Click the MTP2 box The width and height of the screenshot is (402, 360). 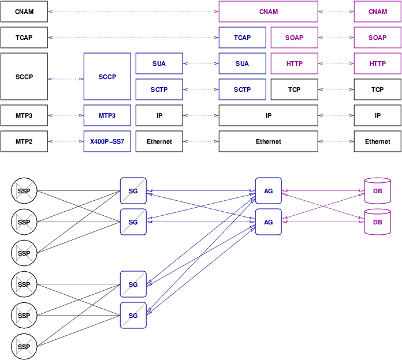tap(24, 141)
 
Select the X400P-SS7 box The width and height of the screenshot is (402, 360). tap(107, 141)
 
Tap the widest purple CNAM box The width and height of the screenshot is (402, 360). tap(268, 12)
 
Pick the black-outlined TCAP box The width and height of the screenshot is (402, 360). tap(24, 37)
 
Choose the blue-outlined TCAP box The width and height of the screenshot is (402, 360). tap(242, 37)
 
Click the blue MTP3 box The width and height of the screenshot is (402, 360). tap(107, 115)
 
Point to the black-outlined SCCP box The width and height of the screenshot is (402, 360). tap(24, 77)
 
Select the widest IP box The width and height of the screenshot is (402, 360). tap(268, 115)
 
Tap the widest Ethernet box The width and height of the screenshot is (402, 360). tap(268, 141)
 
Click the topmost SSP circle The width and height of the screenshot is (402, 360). tap(24, 191)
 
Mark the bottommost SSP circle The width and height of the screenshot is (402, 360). tap(24, 347)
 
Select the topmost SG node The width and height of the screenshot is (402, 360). tap(133, 191)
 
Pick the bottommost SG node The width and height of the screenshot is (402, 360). tap(133, 316)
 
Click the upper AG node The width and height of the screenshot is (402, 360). tap(268, 191)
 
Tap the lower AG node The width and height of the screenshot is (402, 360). tap(268, 222)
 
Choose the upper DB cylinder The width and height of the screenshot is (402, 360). tap(377, 191)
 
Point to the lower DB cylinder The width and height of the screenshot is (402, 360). tap(377, 222)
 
